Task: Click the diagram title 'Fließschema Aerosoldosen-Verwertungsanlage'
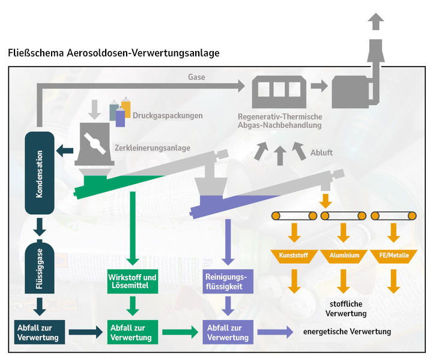pyautogui.click(x=114, y=53)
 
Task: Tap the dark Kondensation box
pyautogui.click(x=40, y=173)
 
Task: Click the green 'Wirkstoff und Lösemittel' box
pyautogui.click(x=133, y=282)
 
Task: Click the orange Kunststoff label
pyautogui.click(x=294, y=256)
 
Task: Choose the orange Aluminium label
pyautogui.click(x=344, y=256)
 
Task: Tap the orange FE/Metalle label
pyautogui.click(x=394, y=256)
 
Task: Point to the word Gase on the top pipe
pyautogui.click(x=196, y=77)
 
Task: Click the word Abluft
pyautogui.click(x=321, y=152)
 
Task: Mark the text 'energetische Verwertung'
pyautogui.click(x=347, y=332)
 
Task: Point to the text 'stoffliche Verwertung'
pyautogui.click(x=346, y=308)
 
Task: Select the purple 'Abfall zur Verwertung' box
pyautogui.click(x=229, y=332)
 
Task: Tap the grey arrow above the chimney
pyautogui.click(x=376, y=22)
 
